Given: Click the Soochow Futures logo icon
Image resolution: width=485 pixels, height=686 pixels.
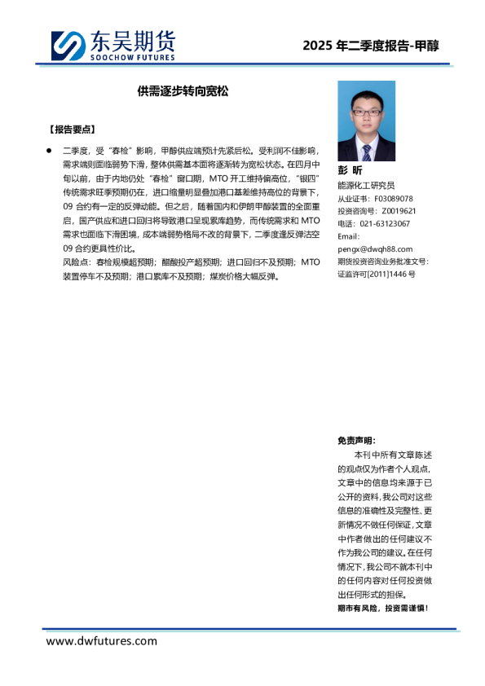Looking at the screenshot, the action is tap(67, 46).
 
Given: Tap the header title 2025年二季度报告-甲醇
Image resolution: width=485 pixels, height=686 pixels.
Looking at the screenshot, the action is tap(370, 46).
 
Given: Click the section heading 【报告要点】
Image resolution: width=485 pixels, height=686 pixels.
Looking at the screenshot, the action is tap(73, 130).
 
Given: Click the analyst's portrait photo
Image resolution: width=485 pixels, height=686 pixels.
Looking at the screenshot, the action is tap(366, 121).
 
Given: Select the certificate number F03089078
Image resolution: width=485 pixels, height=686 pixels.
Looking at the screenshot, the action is tap(394, 199).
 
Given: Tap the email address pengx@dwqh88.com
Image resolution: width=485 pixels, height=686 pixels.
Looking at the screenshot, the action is tap(375, 248).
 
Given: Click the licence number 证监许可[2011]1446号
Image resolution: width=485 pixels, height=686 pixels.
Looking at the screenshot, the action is tap(377, 274).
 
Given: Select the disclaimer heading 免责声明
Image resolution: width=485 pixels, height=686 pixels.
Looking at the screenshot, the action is tap(356, 440).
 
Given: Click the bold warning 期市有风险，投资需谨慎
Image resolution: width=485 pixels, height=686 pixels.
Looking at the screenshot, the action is tap(382, 608).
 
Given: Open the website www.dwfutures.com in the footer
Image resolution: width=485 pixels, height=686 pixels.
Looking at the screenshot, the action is tap(102, 641).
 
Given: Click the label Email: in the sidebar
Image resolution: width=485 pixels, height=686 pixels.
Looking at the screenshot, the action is tap(349, 236).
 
